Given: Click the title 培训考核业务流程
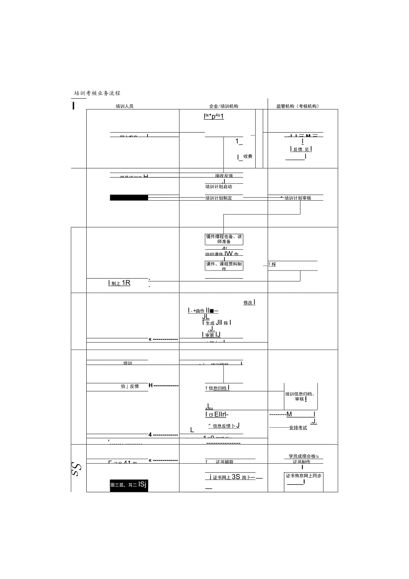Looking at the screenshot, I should click(97, 93).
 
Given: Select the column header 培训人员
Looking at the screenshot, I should click(124, 106).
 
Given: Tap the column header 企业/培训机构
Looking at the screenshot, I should click(224, 106).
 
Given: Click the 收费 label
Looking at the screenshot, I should click(248, 157).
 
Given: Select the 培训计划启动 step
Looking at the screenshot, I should click(219, 187).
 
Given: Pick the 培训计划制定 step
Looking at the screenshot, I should click(219, 198).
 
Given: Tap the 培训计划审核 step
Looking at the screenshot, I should click(298, 198).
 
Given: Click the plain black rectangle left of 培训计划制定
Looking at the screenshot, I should click(129, 198).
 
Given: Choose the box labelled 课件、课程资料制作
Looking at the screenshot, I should click(224, 266).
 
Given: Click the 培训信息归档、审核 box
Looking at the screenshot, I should click(301, 397).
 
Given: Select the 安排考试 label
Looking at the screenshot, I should click(298, 428).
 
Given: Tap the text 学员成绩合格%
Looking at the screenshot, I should click(304, 456).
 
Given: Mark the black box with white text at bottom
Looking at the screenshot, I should click(128, 486).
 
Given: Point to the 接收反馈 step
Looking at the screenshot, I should click(224, 176).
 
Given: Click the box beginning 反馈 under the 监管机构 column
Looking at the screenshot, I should click(301, 150).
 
